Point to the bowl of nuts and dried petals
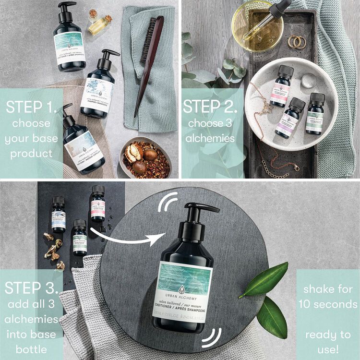pyautogui.click(x=145, y=158)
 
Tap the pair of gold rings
pyautogui.click(x=297, y=42)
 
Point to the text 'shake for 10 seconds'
pyautogui.click(x=327, y=297)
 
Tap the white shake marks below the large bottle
pyautogui.click(x=212, y=337)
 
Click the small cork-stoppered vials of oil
pyautogui.click(x=100, y=21)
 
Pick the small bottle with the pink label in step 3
pyautogui.click(x=98, y=204)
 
